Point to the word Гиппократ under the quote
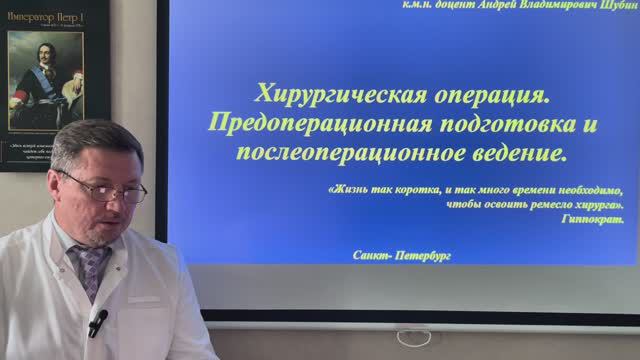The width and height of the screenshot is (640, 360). coord(591,218)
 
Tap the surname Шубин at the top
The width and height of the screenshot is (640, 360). coord(616,6)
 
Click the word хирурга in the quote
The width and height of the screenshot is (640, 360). coord(596,204)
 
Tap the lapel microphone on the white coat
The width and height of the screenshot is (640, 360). coord(97,322)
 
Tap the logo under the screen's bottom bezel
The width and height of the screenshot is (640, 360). coord(413,337)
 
